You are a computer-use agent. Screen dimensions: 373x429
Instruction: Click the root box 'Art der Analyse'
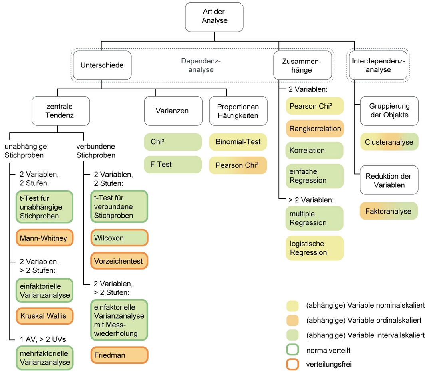tap(214, 16)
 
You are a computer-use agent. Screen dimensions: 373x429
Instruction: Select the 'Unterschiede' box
tap(102, 65)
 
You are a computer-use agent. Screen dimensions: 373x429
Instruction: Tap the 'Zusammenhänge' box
tap(302, 65)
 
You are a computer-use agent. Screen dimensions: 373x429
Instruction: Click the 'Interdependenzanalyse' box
tap(378, 65)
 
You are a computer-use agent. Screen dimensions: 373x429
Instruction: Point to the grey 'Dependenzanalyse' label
tap(201, 65)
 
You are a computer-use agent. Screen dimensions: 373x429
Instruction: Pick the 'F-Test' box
tap(173, 164)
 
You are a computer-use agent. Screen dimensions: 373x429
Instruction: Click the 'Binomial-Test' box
tap(238, 142)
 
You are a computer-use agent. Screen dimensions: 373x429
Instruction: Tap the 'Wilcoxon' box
tap(119, 238)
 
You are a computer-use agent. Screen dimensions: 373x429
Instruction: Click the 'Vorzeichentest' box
tap(119, 261)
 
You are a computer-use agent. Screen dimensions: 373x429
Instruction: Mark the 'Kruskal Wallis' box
tap(44, 316)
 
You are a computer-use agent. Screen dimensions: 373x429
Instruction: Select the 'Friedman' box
tap(119, 355)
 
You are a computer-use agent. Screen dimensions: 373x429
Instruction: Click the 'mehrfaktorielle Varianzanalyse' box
tap(44, 358)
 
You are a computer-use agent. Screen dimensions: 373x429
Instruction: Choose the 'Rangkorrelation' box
tap(315, 129)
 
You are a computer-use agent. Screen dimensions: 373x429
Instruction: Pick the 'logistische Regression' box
tap(315, 248)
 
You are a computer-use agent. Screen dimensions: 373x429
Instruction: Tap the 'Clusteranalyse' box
tap(389, 142)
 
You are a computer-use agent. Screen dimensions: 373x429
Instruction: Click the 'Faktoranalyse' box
tap(389, 211)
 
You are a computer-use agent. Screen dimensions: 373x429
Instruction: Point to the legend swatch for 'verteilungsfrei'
tap(293, 364)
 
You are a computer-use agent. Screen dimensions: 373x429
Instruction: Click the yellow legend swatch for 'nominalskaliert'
tap(293, 306)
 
